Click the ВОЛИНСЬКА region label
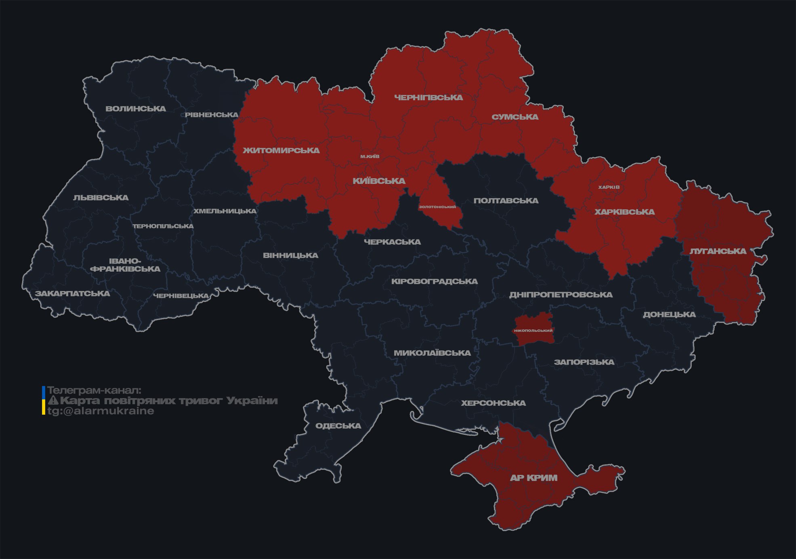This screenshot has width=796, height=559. click(x=136, y=109)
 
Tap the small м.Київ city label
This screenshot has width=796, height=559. click(x=370, y=156)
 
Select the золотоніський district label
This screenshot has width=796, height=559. click(x=437, y=207)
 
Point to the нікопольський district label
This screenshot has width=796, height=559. click(x=533, y=331)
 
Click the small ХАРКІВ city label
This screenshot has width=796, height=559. click(x=609, y=187)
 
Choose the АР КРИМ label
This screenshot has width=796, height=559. click(x=533, y=478)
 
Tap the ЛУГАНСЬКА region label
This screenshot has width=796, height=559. click(x=718, y=251)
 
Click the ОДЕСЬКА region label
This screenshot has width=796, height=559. click(x=338, y=426)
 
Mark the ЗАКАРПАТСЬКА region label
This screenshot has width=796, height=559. click(x=72, y=293)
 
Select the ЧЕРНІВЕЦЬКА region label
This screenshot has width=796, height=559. click(x=181, y=296)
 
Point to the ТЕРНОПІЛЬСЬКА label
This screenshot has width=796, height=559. click(x=163, y=226)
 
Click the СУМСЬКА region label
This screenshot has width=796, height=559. click(x=515, y=117)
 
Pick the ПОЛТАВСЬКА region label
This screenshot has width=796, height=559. click(x=506, y=201)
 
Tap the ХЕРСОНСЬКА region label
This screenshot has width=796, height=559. click(x=493, y=403)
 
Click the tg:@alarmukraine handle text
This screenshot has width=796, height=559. click(x=101, y=411)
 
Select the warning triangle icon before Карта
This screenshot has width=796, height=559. click(x=53, y=401)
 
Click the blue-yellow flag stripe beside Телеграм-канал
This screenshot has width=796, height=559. click(x=44, y=401)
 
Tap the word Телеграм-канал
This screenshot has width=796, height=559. click(x=94, y=390)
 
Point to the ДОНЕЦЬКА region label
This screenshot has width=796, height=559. click(x=669, y=314)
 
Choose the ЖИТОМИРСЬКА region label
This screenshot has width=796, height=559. click(x=281, y=151)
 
